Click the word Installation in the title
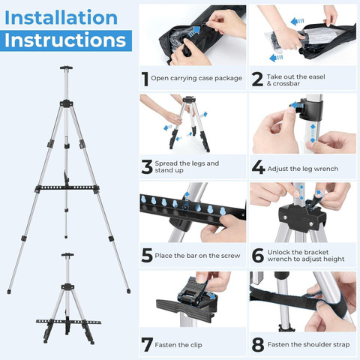tap(61, 17)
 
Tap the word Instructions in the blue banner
tap(65, 40)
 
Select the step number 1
tap(145, 79)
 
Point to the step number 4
tap(258, 167)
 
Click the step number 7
tap(147, 344)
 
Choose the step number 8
tap(258, 344)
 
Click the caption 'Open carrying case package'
tap(196, 78)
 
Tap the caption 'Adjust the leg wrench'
tap(303, 169)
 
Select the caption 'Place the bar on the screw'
tap(197, 256)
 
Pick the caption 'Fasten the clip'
tap(178, 345)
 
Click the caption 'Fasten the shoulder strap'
tap(308, 344)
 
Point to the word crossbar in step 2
tap(286, 83)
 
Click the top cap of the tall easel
tap(66, 67)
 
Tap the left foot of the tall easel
tap(9, 292)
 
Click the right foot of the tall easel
tap(128, 291)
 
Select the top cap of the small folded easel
tap(67, 255)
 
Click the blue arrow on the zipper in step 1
tap(194, 31)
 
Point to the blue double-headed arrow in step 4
tap(313, 133)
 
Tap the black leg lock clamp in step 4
tap(310, 109)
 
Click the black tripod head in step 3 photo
tap(189, 99)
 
